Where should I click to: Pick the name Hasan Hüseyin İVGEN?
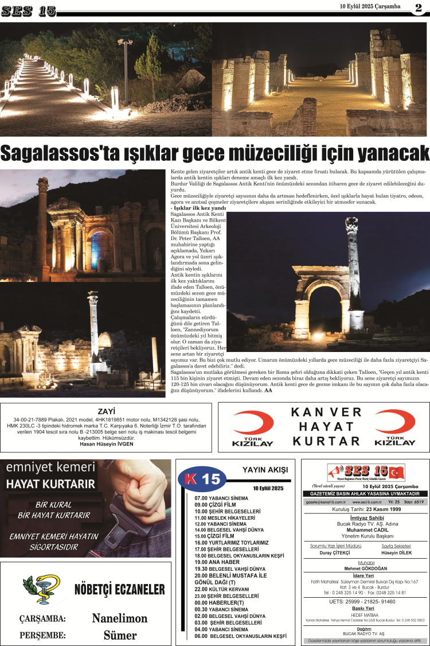click(106, 444)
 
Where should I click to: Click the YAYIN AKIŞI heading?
click(265, 470)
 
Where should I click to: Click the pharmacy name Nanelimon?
click(120, 618)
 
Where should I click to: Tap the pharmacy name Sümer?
click(120, 635)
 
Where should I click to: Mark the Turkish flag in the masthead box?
click(396, 472)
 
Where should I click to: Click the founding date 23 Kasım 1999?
click(377, 509)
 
